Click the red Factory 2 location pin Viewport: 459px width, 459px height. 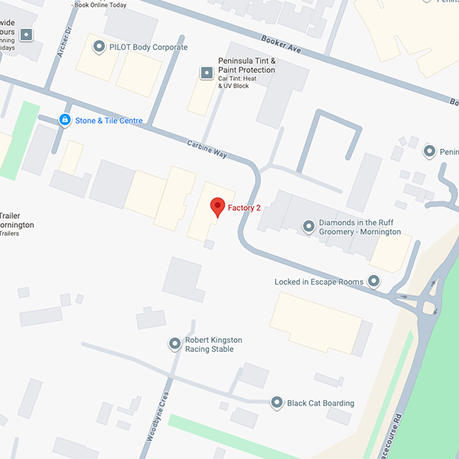click(218, 207)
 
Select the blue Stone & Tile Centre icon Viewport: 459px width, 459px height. click(65, 120)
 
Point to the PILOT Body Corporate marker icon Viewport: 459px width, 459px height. click(99, 47)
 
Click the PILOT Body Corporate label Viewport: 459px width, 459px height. click(148, 47)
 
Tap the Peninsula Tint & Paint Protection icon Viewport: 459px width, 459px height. click(207, 73)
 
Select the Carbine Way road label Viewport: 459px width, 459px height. click(207, 148)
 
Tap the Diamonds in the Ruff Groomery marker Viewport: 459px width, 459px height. click(308, 226)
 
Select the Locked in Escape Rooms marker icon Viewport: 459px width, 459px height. click(373, 282)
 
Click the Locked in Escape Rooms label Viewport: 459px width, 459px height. click(319, 282)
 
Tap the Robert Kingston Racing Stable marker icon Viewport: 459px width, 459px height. click(175, 344)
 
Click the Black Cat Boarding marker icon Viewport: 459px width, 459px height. click(276, 403)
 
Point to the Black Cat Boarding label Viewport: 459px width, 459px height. click(321, 403)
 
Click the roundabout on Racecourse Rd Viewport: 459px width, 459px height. click(428, 308)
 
